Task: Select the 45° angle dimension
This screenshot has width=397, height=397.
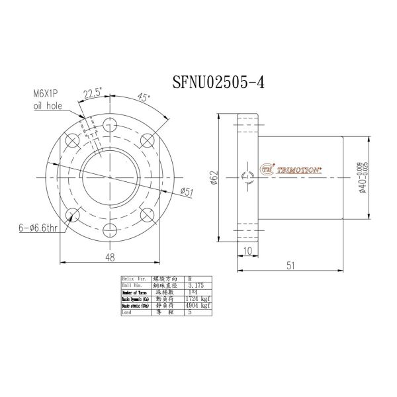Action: click(x=143, y=97)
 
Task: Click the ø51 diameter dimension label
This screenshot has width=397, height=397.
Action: click(x=187, y=191)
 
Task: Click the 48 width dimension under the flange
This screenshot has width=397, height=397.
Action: click(x=110, y=256)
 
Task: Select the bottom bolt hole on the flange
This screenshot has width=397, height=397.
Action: click(x=110, y=230)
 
